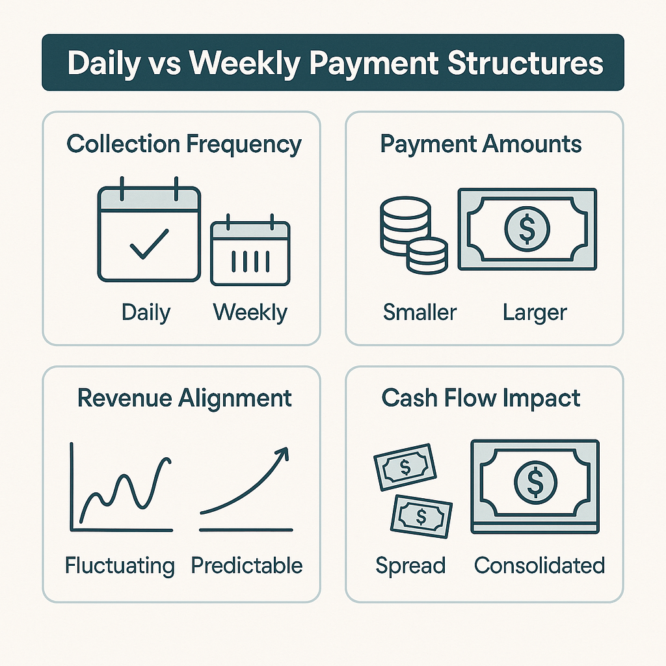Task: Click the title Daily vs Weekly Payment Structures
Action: click(333, 63)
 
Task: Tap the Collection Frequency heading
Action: click(184, 144)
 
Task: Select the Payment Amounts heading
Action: click(481, 144)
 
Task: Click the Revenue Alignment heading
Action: click(184, 397)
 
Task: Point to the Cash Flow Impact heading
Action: click(481, 397)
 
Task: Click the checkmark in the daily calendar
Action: click(149, 243)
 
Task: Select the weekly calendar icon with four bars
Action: click(250, 253)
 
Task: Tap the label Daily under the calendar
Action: click(146, 312)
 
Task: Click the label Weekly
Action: click(250, 312)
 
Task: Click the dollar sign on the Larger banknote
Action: click(527, 229)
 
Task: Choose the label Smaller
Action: click(420, 312)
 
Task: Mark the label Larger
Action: click(535, 312)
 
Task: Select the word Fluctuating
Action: click(120, 565)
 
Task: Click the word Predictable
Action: click(247, 565)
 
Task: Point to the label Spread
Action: click(410, 565)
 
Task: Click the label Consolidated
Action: click(539, 565)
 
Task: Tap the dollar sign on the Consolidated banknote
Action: click(535, 481)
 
